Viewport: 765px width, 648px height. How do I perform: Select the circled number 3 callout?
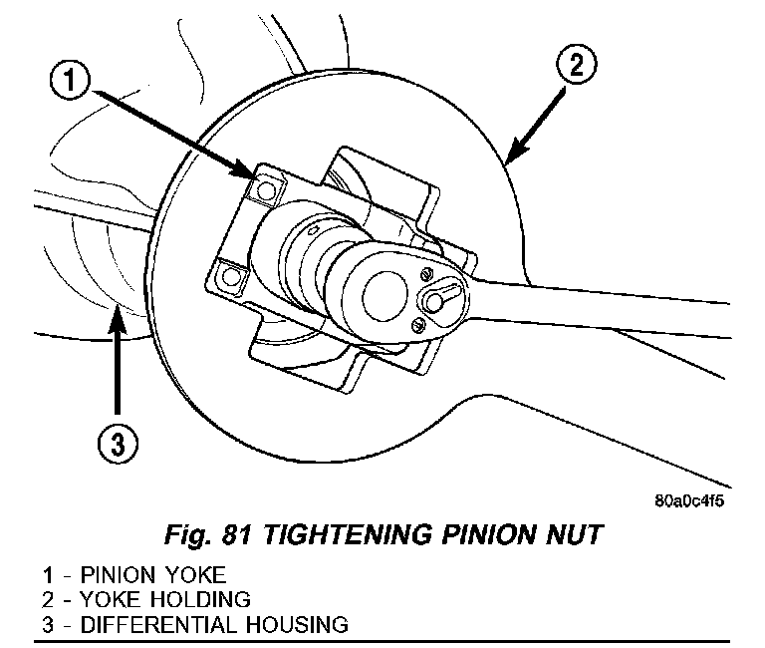coord(118,444)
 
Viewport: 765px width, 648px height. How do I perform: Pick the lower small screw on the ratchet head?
coord(419,321)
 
